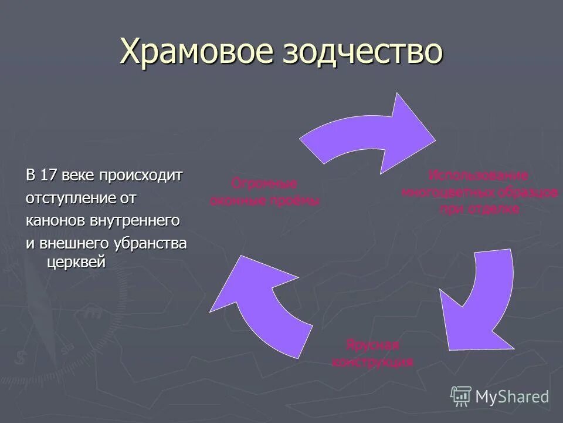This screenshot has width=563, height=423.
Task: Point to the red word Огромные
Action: pyautogui.click(x=264, y=183)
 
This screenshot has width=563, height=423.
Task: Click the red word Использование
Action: pyautogui.click(x=478, y=175)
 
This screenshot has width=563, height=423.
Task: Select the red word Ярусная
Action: pyautogui.click(x=372, y=344)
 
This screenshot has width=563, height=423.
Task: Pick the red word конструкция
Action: pyautogui.click(x=372, y=361)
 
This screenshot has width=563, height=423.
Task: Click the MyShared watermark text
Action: pyautogui.click(x=512, y=397)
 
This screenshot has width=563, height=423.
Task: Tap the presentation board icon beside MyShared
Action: pyautogui.click(x=461, y=397)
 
